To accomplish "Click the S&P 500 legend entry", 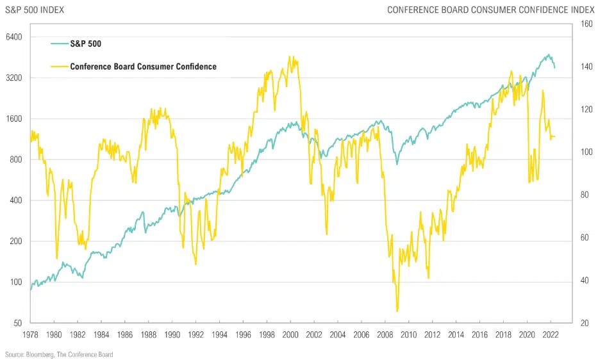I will click(x=85, y=44).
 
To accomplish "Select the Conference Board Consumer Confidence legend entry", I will click(x=143, y=67).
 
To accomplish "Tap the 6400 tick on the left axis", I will click(x=13, y=37).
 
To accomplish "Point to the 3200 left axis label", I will click(x=13, y=78).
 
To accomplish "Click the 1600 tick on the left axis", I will click(x=13, y=119).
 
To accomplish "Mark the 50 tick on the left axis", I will click(x=17, y=323).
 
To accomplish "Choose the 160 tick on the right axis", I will click(x=586, y=24).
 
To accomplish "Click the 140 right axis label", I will click(x=586, y=67).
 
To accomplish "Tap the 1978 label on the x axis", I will click(x=30, y=335).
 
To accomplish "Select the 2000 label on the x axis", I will click(x=290, y=335).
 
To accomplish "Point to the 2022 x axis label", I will click(x=550, y=335).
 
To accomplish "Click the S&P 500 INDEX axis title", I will click(x=35, y=10).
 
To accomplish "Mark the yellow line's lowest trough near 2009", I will click(x=397, y=311).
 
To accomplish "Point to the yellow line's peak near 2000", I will click(x=290, y=56).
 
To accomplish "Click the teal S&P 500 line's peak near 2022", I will click(x=549, y=54).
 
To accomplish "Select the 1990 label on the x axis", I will click(x=172, y=335).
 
